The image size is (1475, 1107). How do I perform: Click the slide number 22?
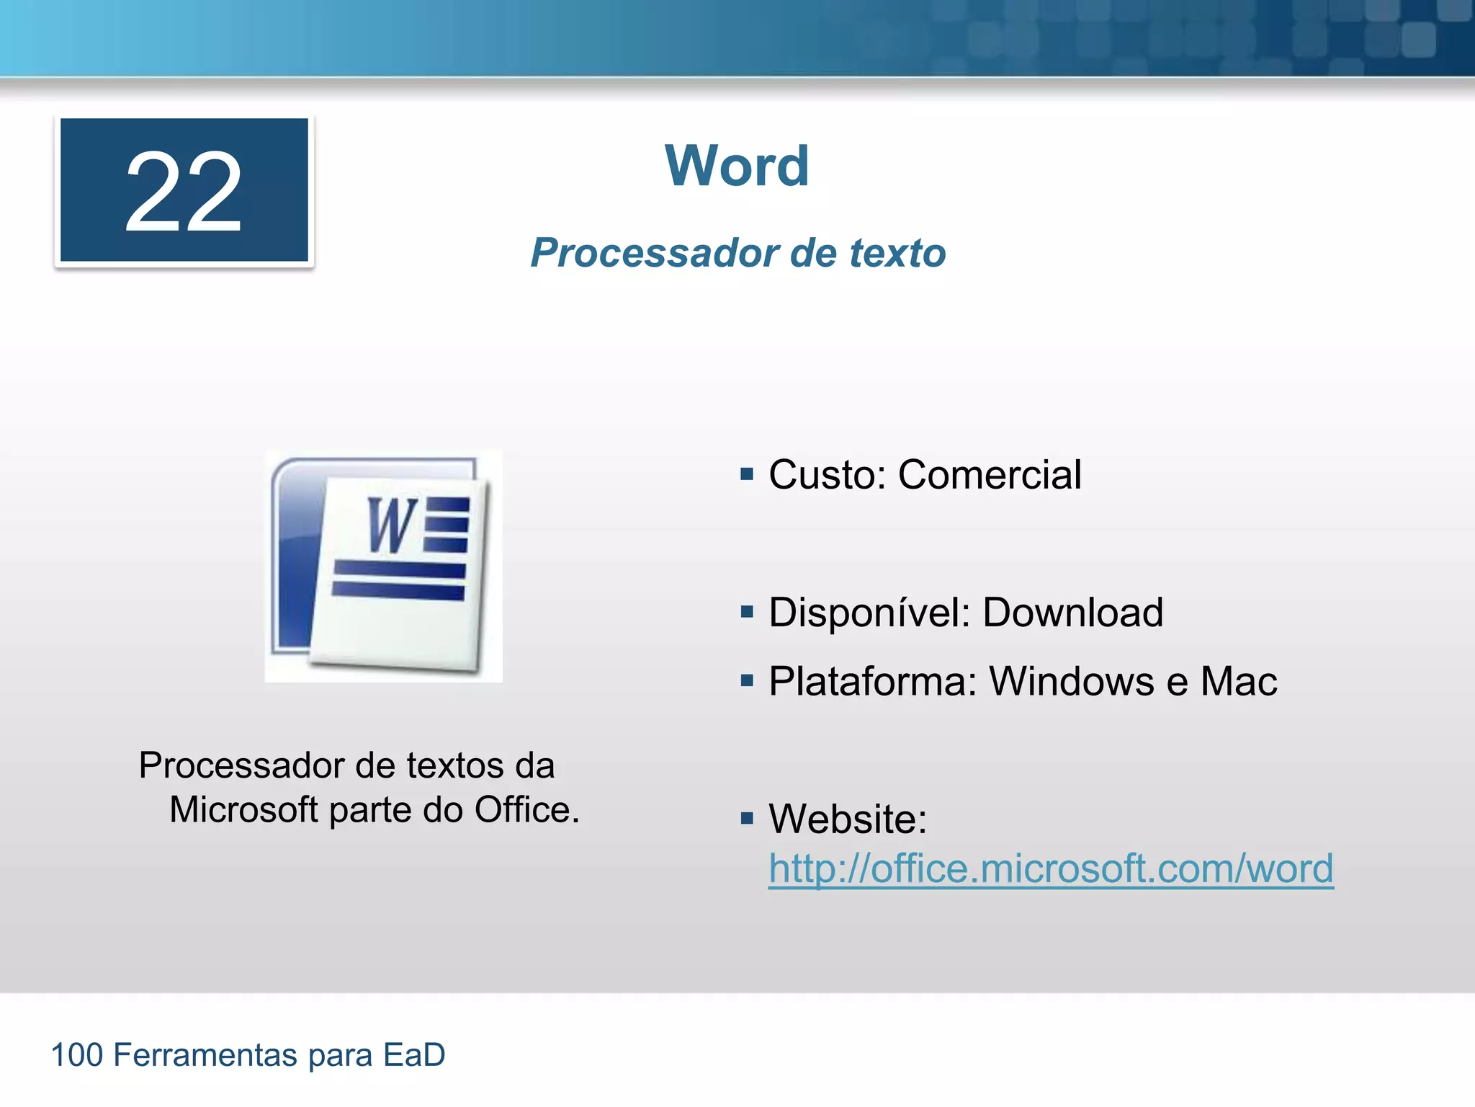[184, 191]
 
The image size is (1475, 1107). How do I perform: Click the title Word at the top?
[737, 166]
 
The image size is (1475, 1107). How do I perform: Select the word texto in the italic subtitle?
[897, 253]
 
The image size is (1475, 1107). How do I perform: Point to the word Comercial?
[990, 475]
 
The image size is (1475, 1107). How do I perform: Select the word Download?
[1072, 613]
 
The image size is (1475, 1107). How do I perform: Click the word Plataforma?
[872, 681]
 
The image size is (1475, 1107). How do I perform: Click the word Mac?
[1239, 681]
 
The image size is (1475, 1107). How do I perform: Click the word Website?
[847, 819]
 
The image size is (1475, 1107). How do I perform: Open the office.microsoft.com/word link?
[1051, 868]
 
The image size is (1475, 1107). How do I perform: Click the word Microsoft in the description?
[243, 810]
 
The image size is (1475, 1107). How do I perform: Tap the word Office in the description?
[526, 810]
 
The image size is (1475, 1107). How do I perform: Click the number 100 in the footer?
[77, 1055]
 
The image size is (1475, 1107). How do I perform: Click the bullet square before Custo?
[747, 474]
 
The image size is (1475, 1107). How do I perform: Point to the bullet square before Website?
[747, 818]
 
